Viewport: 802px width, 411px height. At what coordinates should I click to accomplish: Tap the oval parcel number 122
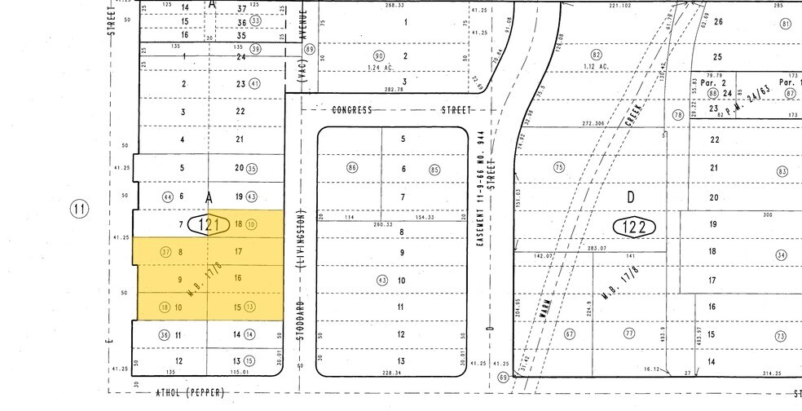coord(635,227)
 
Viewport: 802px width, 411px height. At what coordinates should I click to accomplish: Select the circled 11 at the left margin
coord(79,210)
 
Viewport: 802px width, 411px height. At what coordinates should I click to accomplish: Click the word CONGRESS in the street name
coord(352,109)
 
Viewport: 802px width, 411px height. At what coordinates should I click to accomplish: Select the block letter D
coord(630,197)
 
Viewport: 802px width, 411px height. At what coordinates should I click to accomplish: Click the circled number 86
coord(352,169)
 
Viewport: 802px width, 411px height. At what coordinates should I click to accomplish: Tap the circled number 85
coord(434,170)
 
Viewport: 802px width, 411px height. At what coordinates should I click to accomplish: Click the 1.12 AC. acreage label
coord(597,66)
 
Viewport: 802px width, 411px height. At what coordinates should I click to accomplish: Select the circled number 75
coord(559,167)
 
